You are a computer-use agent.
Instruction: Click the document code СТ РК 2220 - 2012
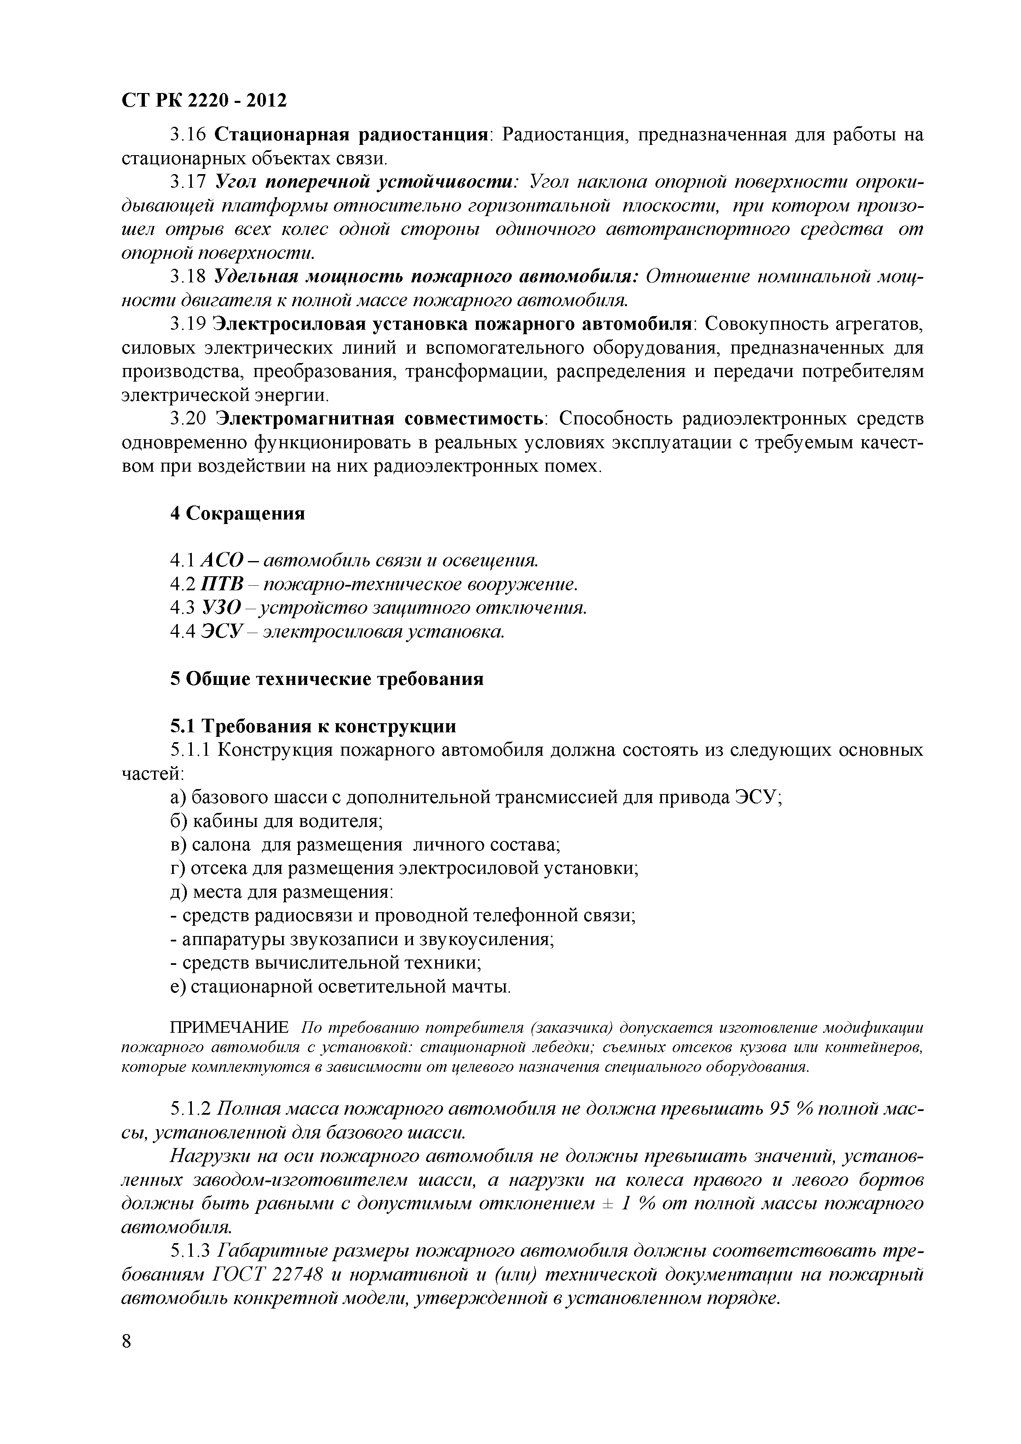click(x=203, y=100)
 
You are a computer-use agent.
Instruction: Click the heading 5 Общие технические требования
click(x=326, y=679)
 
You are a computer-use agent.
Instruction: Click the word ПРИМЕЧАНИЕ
click(x=230, y=1028)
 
